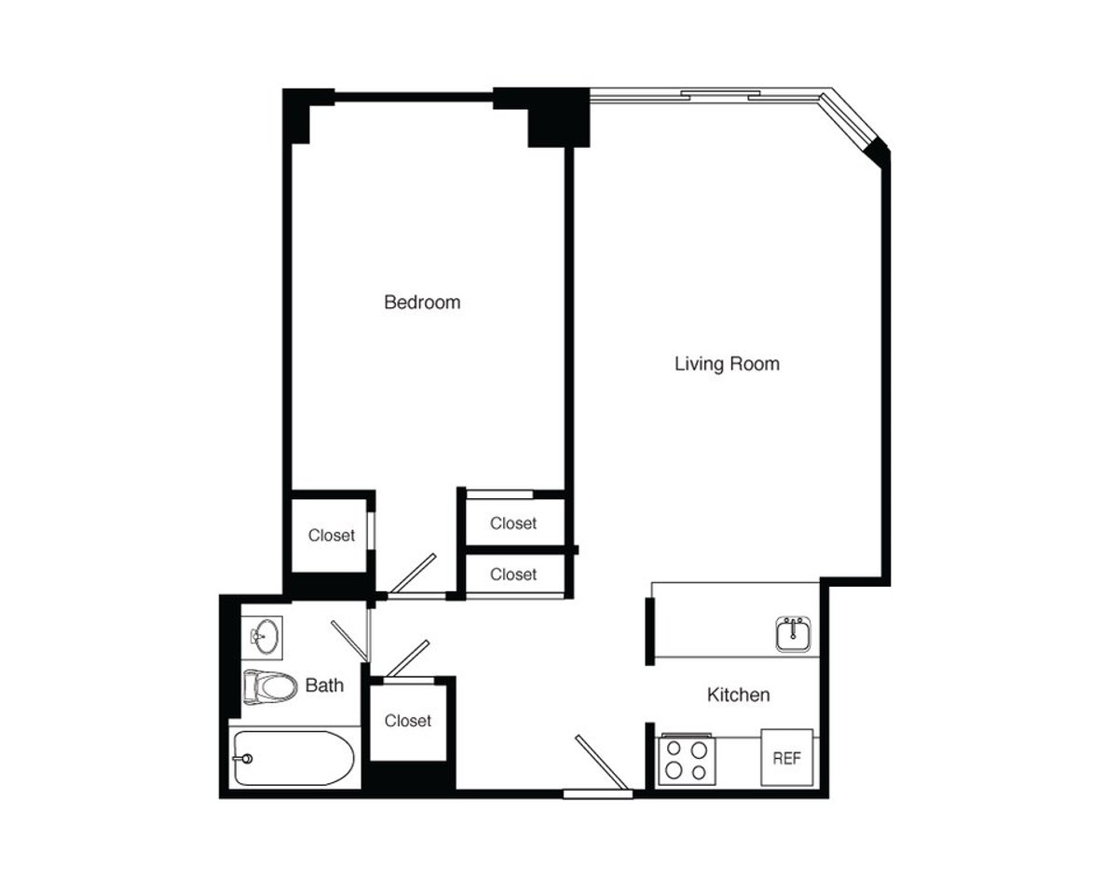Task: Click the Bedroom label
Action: [x=422, y=303]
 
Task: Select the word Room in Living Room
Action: [x=756, y=364]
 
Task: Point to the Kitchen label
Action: [x=738, y=695]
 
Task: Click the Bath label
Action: [x=324, y=686]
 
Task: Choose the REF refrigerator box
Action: [x=787, y=758]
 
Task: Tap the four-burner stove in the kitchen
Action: [x=686, y=759]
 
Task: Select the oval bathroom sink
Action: [x=264, y=637]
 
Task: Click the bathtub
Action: [x=293, y=758]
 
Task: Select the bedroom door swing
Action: [x=411, y=575]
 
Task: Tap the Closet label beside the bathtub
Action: [x=408, y=721]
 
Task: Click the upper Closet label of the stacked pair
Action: [x=513, y=523]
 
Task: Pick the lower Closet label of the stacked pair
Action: [x=513, y=575]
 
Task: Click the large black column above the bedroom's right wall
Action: [x=558, y=119]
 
